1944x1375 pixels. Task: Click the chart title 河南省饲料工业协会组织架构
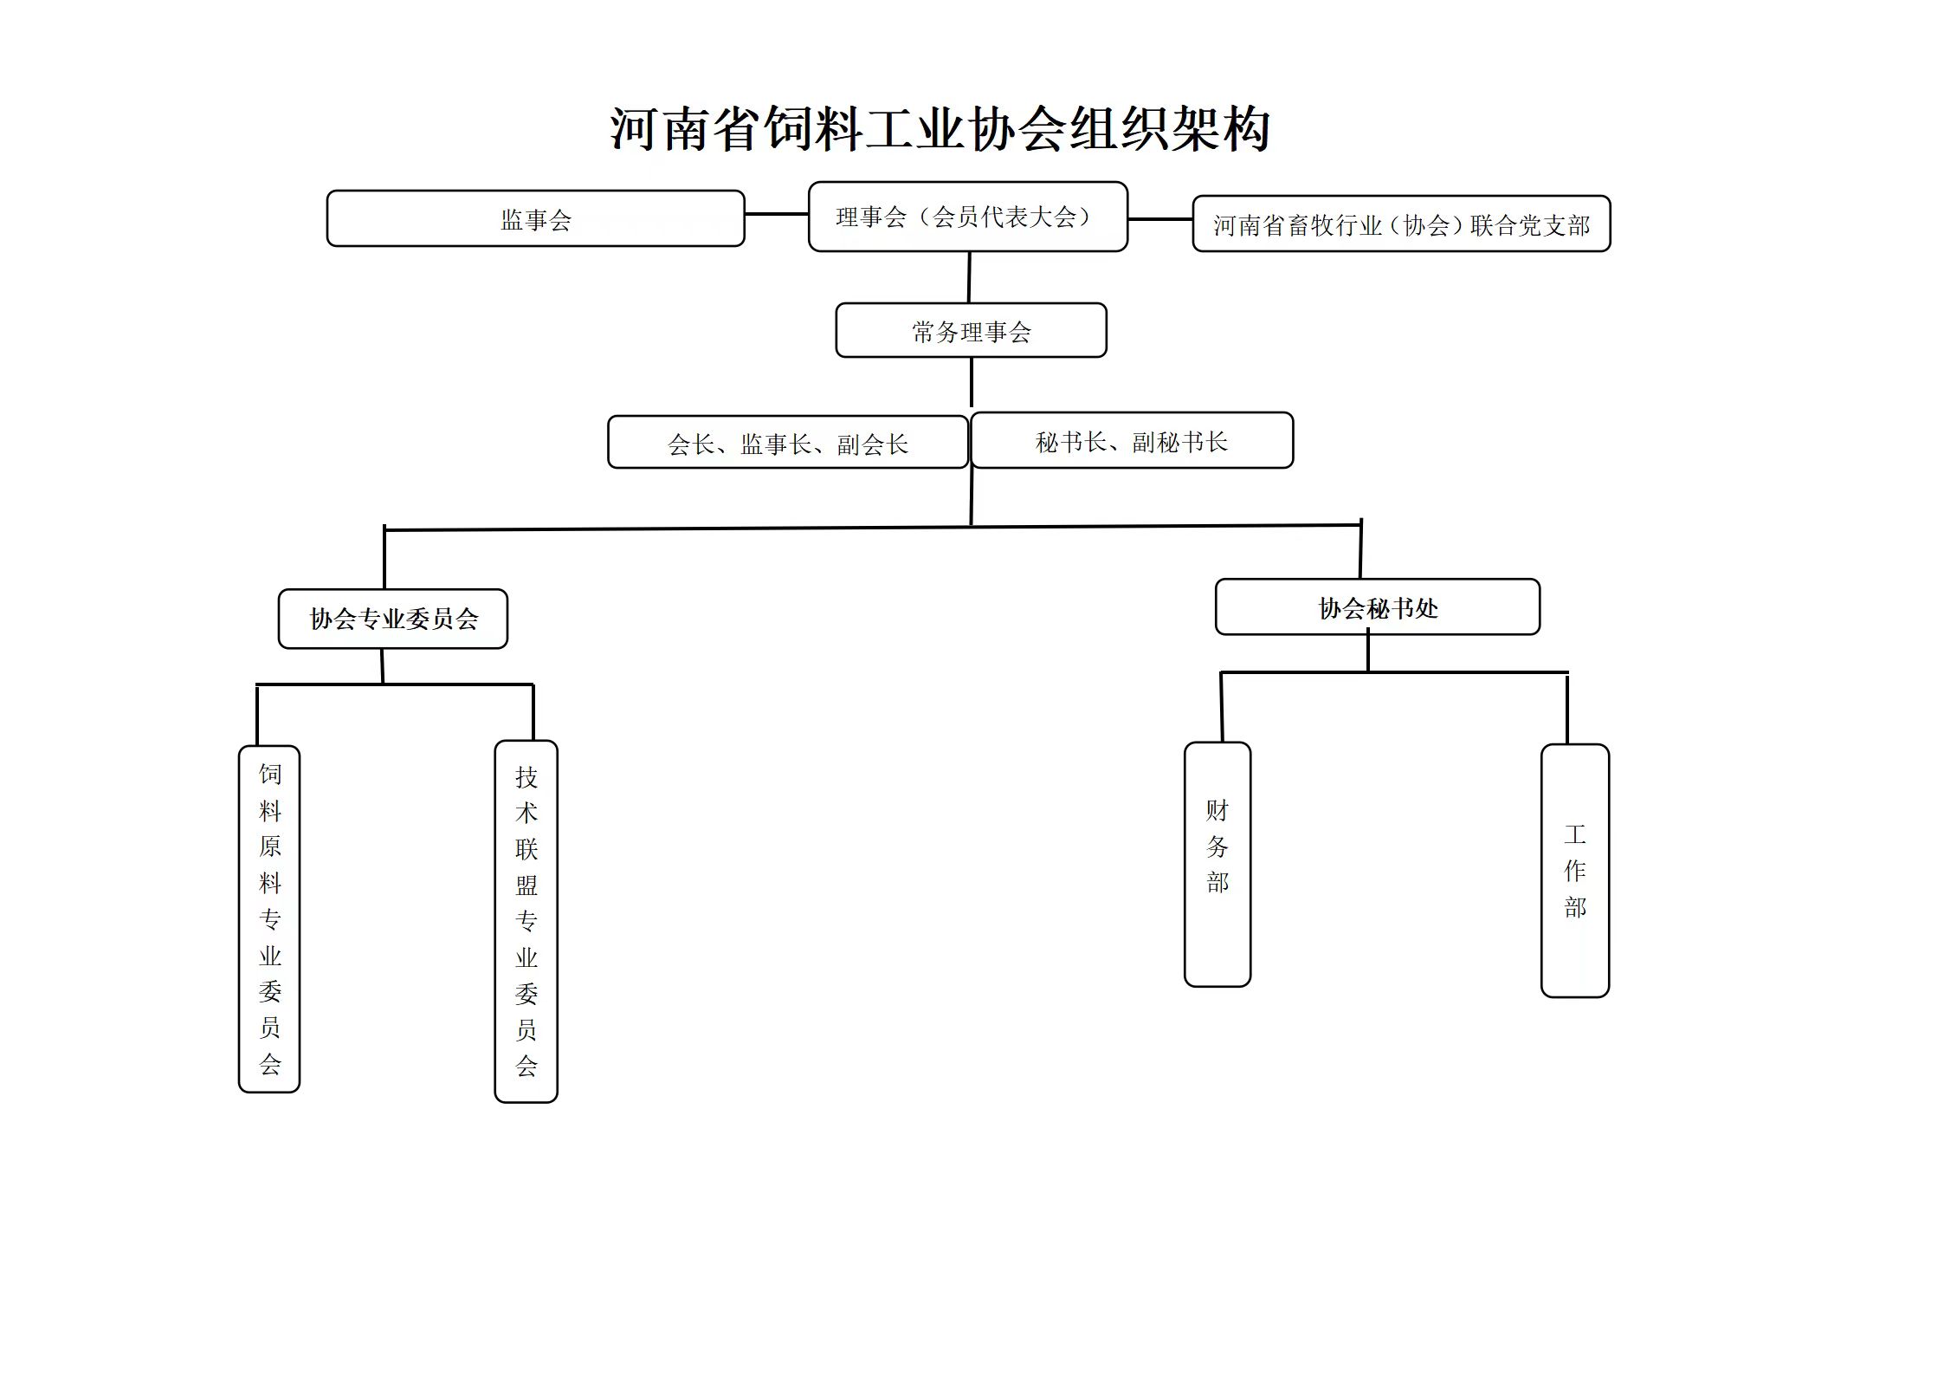click(940, 130)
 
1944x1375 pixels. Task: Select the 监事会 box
click(535, 218)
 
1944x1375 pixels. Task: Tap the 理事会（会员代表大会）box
click(968, 217)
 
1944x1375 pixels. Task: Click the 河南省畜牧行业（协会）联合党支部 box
click(1401, 224)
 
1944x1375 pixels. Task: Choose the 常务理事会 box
click(971, 330)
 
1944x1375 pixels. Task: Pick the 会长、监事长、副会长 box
click(788, 442)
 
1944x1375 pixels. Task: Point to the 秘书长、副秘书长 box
click(1132, 440)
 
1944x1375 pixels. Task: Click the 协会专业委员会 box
click(393, 619)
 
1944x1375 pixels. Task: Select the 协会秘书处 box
click(1378, 607)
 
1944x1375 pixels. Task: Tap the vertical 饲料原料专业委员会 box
click(269, 919)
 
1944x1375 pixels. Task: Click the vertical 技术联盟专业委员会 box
click(526, 922)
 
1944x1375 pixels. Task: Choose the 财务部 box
click(1217, 865)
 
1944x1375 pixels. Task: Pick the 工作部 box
click(1575, 871)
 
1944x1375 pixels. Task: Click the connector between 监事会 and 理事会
click(777, 214)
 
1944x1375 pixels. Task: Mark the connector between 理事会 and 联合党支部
click(1160, 219)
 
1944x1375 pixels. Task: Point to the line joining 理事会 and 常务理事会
click(969, 277)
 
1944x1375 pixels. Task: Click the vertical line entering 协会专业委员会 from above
click(384, 558)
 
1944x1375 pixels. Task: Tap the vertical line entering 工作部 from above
click(1567, 709)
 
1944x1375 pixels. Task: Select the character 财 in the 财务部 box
click(1217, 811)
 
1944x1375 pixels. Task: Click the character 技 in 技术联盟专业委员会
click(526, 777)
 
